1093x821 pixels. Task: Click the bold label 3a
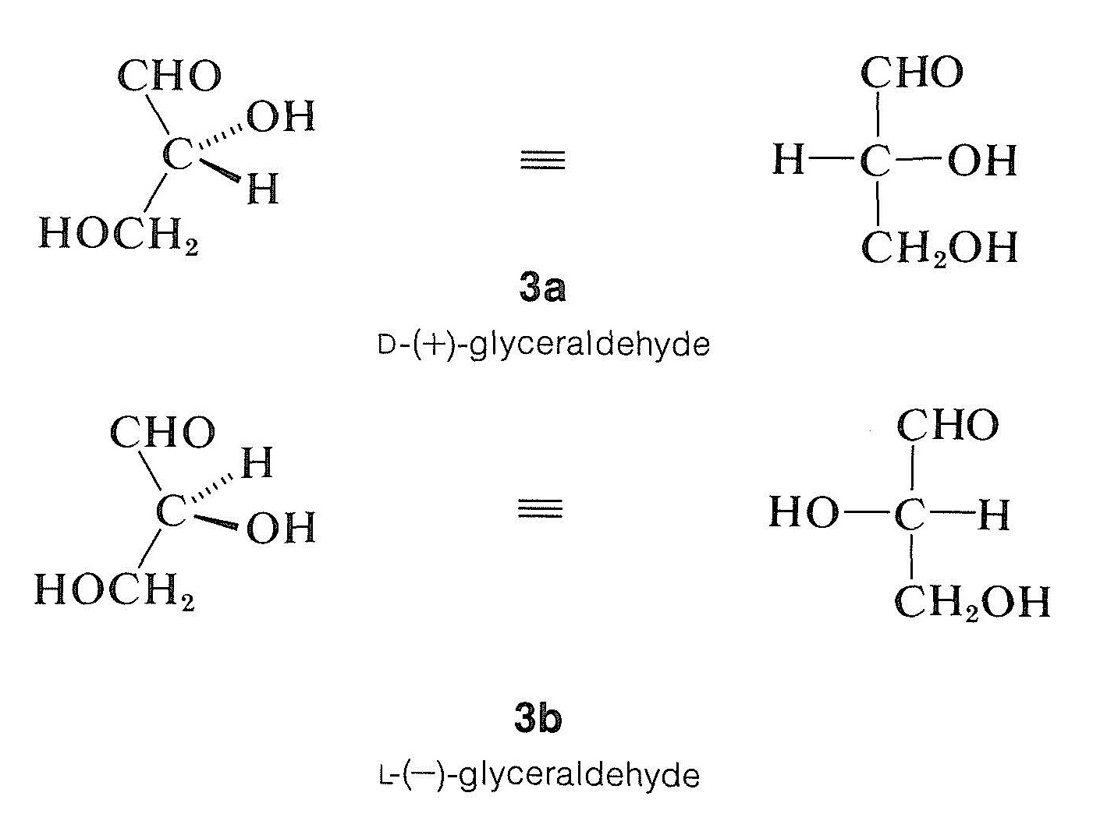542,288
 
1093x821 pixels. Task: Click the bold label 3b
538,718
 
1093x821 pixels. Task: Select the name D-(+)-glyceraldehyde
544,344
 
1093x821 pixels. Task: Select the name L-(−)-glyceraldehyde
538,775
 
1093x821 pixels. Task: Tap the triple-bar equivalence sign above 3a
542,161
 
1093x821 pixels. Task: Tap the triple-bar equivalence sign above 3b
540,511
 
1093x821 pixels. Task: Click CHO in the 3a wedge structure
170,76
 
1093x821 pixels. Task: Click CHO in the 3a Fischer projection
912,73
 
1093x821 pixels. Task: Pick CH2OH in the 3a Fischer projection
939,248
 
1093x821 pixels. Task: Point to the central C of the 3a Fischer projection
876,161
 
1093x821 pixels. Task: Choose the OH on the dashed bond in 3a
281,117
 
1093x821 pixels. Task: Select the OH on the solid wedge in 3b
281,528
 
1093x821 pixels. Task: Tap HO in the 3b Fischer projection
804,513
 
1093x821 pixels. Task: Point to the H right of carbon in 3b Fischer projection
993,515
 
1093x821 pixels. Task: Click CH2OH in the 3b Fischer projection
972,602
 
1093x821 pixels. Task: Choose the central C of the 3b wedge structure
171,512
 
